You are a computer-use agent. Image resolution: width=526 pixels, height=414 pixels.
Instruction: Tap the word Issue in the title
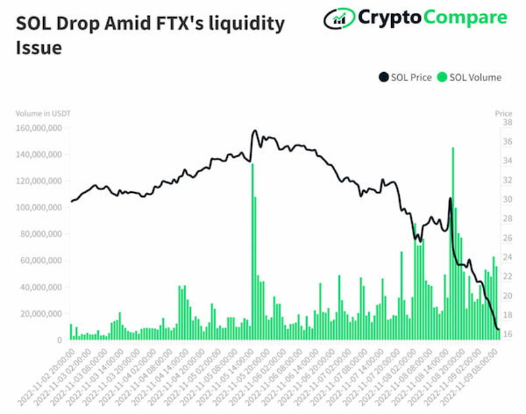(x=38, y=48)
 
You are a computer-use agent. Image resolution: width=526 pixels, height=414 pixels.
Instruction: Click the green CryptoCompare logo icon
(x=339, y=18)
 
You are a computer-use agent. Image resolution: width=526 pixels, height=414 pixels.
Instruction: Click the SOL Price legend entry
(x=405, y=78)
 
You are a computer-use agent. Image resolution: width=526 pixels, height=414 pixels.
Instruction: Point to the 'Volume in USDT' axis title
(x=42, y=113)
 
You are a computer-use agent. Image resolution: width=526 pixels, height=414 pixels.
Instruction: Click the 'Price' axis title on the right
(x=503, y=113)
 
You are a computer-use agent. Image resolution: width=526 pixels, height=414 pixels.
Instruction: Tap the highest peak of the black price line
(x=255, y=131)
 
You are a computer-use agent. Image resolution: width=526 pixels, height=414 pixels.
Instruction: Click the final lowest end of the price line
(x=498, y=329)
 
